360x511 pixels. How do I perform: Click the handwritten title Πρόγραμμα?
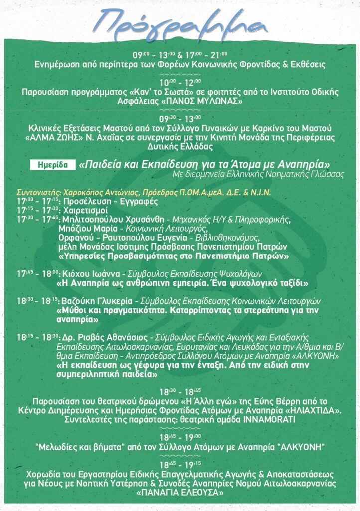click(x=180, y=21)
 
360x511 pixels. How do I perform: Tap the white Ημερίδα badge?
click(x=52, y=164)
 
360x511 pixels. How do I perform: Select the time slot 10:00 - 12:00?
click(x=180, y=82)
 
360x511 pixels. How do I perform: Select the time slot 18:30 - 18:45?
click(x=180, y=391)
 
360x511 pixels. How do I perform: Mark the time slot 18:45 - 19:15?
click(x=180, y=464)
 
